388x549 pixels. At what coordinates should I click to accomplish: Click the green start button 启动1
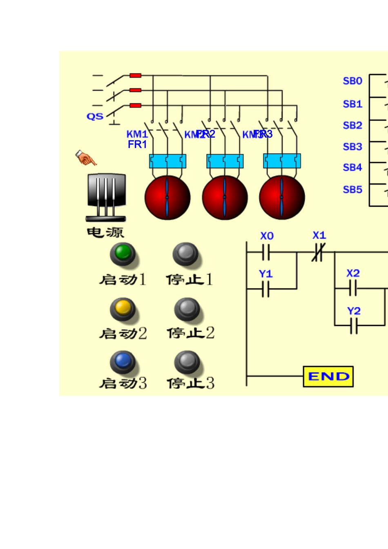[x=123, y=254]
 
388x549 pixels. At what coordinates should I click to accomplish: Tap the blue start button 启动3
[x=123, y=362]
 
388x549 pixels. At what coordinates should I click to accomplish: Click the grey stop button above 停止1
[x=185, y=254]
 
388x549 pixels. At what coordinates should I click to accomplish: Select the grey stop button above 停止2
[x=187, y=309]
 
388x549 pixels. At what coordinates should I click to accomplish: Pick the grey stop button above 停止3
[x=187, y=362]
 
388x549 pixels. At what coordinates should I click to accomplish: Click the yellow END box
[x=328, y=376]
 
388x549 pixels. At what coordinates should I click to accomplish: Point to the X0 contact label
[x=267, y=236]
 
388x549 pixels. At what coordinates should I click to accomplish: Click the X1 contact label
[x=319, y=235]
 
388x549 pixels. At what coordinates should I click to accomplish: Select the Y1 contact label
[x=265, y=274]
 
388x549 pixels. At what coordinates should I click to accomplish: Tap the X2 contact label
[x=353, y=273]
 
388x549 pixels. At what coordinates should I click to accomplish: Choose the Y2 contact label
[x=354, y=311]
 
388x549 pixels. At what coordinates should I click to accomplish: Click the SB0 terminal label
[x=352, y=81]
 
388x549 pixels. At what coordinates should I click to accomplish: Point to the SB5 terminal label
[x=352, y=190]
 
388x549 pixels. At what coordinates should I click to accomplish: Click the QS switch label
[x=95, y=116]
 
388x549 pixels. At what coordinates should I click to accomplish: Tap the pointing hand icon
[x=86, y=158]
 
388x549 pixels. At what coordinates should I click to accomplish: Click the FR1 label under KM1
[x=137, y=144]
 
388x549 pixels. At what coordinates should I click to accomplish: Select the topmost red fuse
[x=135, y=76]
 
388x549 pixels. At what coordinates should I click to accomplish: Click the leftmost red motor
[x=167, y=197]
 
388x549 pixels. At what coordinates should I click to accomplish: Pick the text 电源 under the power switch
[x=105, y=232]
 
